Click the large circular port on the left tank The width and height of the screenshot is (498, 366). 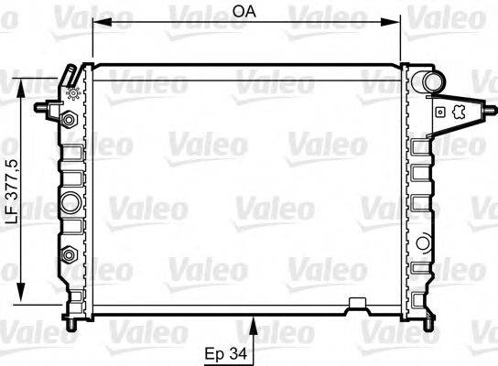[70, 200]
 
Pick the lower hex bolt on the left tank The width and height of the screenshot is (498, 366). [69, 253]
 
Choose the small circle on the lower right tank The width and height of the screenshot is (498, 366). [423, 242]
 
